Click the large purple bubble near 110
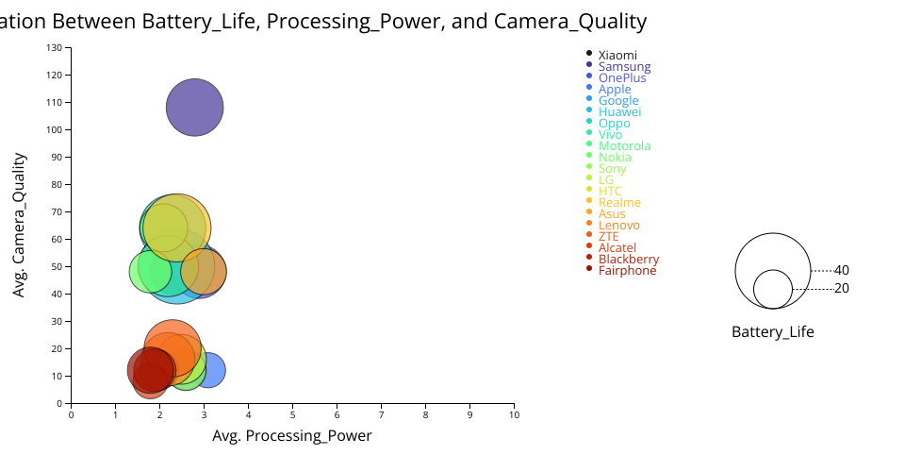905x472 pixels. click(x=195, y=108)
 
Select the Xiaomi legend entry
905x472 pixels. click(x=617, y=56)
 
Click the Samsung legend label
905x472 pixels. click(x=624, y=67)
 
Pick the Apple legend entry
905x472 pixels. click(x=615, y=90)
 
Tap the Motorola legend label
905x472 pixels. click(x=624, y=146)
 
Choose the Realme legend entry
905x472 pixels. click(x=619, y=203)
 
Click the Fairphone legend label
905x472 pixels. click(x=627, y=271)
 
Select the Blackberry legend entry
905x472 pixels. click(x=629, y=260)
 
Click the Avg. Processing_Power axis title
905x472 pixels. click(x=292, y=436)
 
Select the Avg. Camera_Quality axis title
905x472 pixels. click(x=19, y=225)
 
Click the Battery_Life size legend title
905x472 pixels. click(x=773, y=332)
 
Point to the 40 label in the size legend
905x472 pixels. click(x=842, y=271)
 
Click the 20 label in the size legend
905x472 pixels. click(x=842, y=289)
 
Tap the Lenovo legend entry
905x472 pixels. click(x=618, y=226)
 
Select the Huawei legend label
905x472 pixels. click(x=619, y=112)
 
